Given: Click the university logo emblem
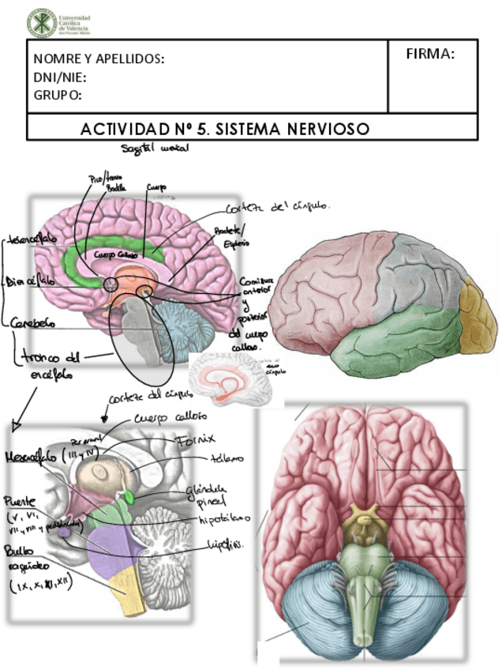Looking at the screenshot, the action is pyautogui.click(x=41, y=23).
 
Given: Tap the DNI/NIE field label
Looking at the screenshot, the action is pyautogui.click(x=60, y=77).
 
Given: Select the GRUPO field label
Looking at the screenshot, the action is pyautogui.click(x=58, y=96).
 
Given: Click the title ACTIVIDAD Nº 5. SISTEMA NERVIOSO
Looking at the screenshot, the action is pyautogui.click(x=225, y=128).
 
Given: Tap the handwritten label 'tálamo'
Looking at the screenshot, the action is pyautogui.click(x=226, y=457).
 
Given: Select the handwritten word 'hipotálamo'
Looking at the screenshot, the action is pyautogui.click(x=224, y=518).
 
